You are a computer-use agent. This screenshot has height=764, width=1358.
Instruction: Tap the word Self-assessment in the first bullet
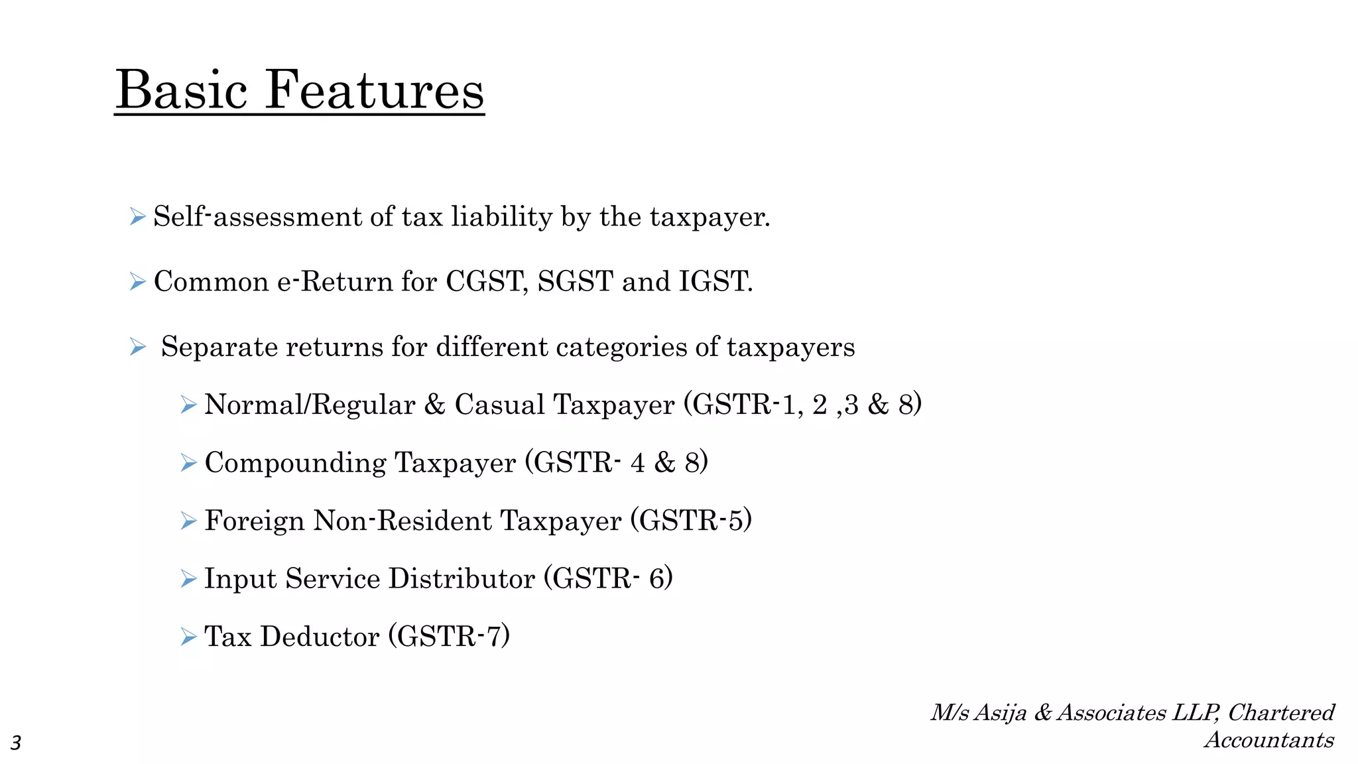pos(257,217)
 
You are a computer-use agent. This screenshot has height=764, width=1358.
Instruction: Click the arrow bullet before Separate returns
pos(138,347)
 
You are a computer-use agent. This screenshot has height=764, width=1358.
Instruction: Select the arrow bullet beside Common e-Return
pos(138,282)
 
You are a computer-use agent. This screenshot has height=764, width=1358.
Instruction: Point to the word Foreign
pos(255,521)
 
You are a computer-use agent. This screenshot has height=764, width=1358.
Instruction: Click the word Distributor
pos(462,579)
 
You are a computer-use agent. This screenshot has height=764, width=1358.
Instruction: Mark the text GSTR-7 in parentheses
pos(449,637)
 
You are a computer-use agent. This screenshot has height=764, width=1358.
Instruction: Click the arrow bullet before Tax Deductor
pos(188,637)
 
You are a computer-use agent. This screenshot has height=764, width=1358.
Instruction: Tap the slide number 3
pos(16,743)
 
